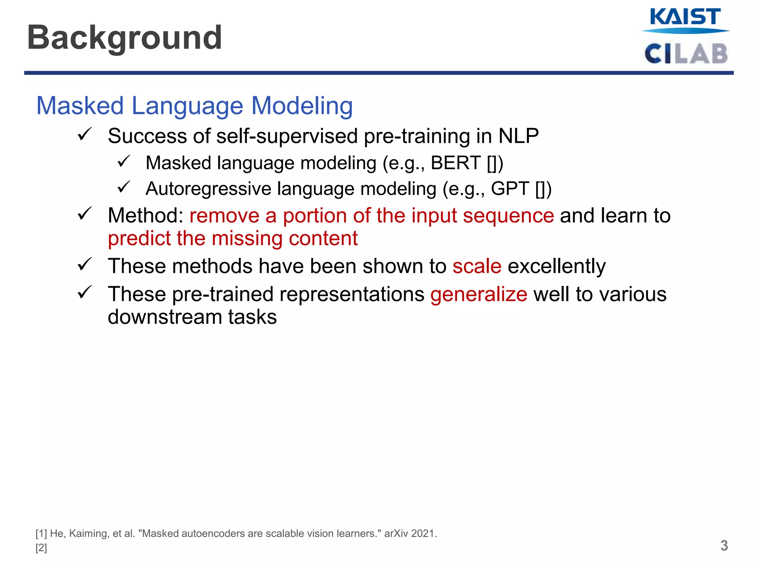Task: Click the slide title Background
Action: point(124,38)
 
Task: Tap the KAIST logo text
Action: point(685,17)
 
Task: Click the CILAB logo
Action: point(686,54)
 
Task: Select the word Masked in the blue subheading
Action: point(80,106)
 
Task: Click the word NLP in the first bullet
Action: point(518,136)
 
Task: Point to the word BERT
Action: point(455,163)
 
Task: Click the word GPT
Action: point(510,189)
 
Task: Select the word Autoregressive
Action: point(208,189)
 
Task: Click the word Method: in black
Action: point(145,216)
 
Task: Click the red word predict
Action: point(139,239)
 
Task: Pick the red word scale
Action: point(477,266)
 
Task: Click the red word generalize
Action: point(478,295)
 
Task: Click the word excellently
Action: point(557,266)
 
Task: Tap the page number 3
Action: point(724,546)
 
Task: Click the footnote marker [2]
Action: point(41,548)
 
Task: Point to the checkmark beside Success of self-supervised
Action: point(85,134)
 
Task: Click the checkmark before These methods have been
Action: point(85,264)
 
